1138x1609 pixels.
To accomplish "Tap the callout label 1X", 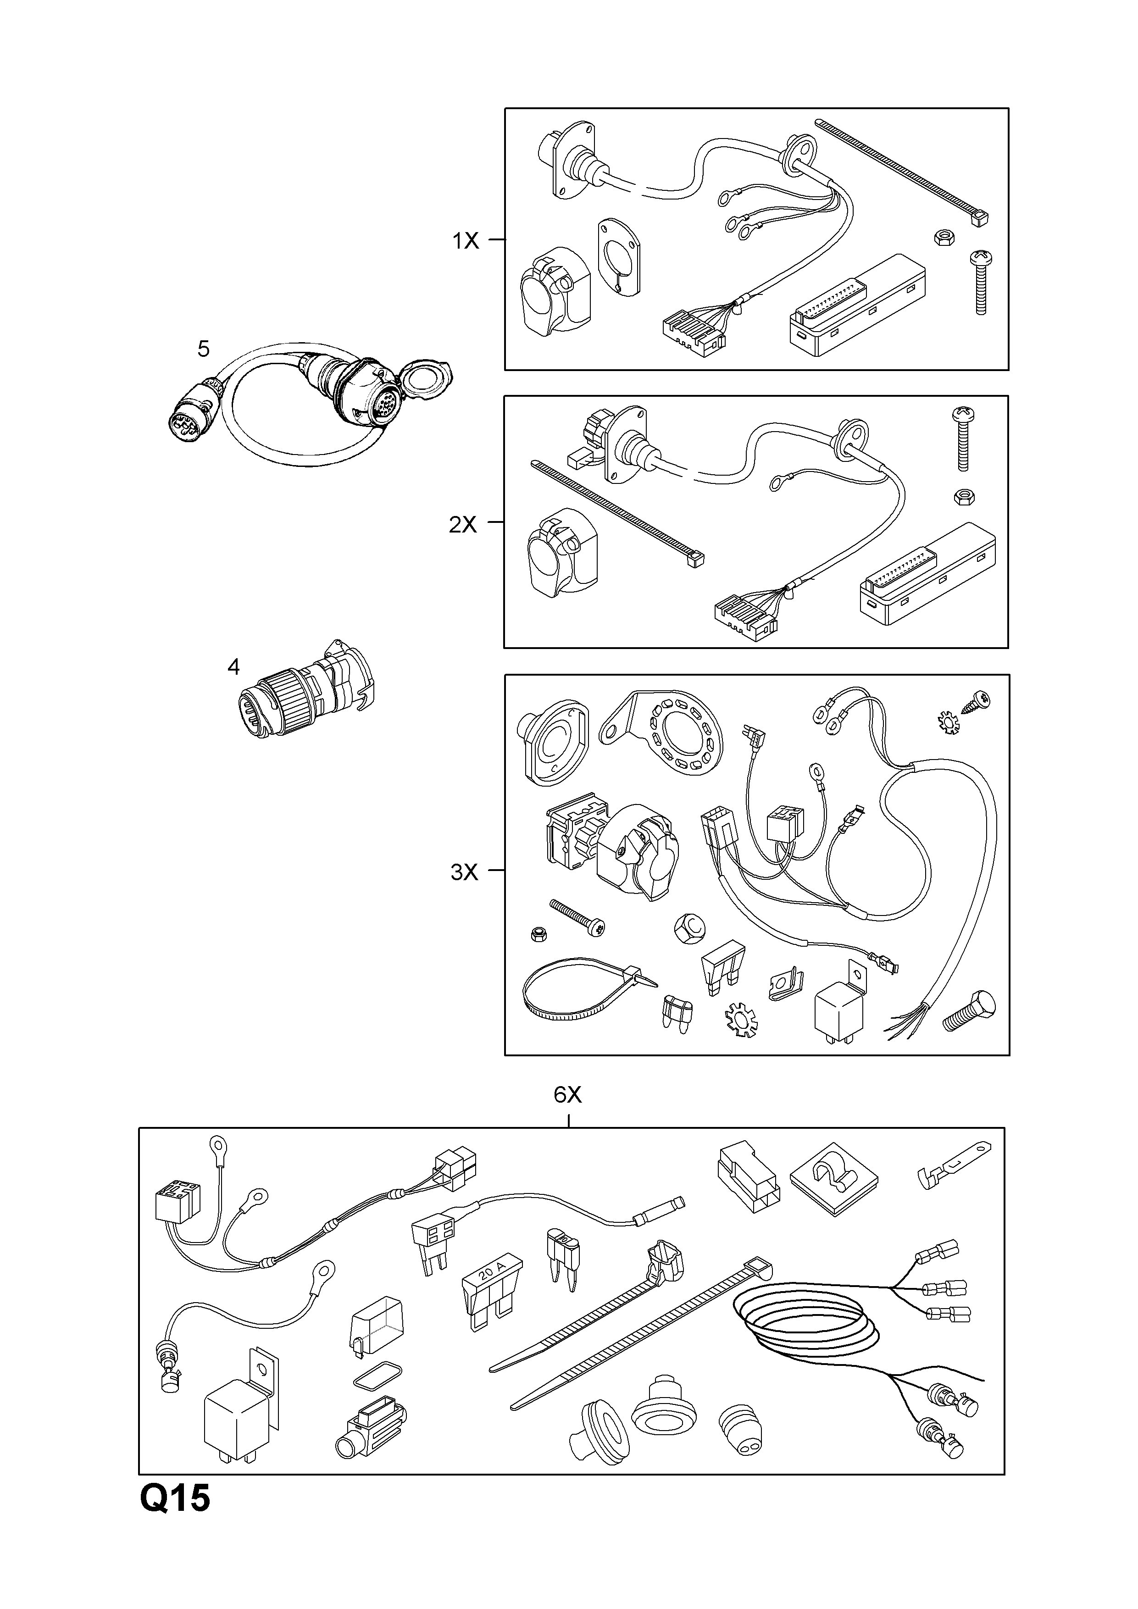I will pyautogui.click(x=465, y=241).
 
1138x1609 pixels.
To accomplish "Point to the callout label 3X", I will pyautogui.click(x=464, y=872).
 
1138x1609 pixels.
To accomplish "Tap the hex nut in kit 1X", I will pyautogui.click(x=943, y=238).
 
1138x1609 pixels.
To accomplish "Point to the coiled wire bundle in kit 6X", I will pyautogui.click(x=806, y=1325).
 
